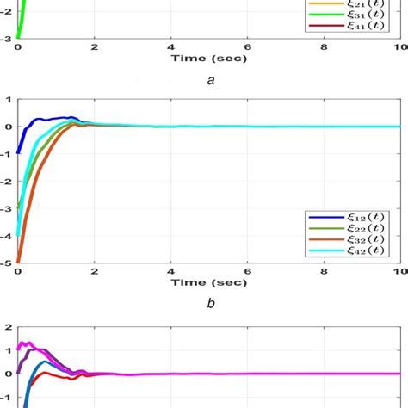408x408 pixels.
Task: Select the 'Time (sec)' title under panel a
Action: tap(209, 60)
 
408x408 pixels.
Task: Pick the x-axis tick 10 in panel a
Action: tap(399, 48)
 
